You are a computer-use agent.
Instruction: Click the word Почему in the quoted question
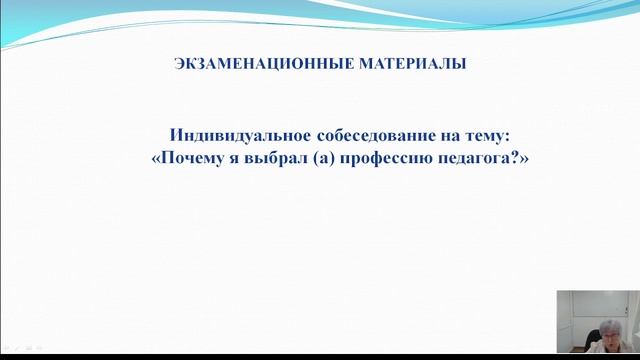pyautogui.click(x=195, y=158)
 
